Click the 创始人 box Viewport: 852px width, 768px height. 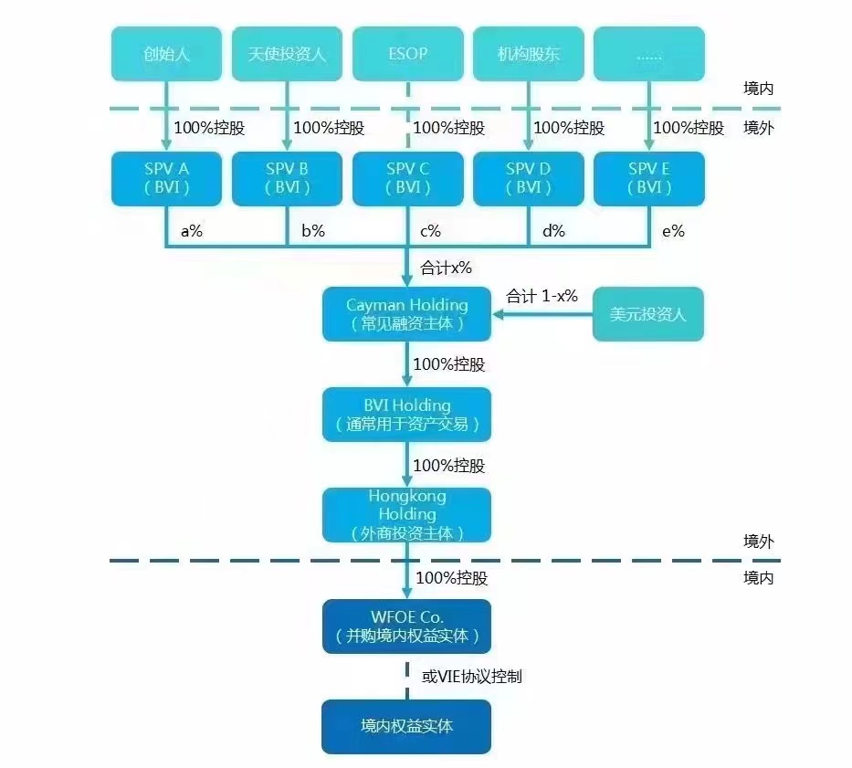pyautogui.click(x=166, y=54)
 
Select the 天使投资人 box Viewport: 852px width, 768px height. pyautogui.click(x=287, y=54)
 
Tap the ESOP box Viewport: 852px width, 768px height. pyautogui.click(x=407, y=54)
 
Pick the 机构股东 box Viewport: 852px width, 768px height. pyautogui.click(x=528, y=54)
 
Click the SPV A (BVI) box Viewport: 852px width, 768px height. pyautogui.click(x=166, y=178)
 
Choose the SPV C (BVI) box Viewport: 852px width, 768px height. pyautogui.click(x=407, y=178)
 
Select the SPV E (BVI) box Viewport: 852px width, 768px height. pyautogui.click(x=649, y=178)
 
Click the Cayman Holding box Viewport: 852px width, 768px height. pyautogui.click(x=407, y=314)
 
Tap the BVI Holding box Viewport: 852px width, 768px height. pyautogui.click(x=407, y=415)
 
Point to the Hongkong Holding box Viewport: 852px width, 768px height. pyautogui.click(x=407, y=515)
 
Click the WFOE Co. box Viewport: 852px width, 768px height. pyautogui.click(x=407, y=626)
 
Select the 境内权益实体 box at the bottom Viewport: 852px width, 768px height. pyautogui.click(x=407, y=727)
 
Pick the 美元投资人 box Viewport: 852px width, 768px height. pyautogui.click(x=648, y=314)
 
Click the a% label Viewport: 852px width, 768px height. pyautogui.click(x=192, y=231)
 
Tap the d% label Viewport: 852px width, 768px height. pyautogui.click(x=553, y=231)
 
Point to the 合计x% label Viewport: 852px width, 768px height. pyautogui.click(x=446, y=268)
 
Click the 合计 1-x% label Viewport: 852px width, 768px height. pyautogui.click(x=542, y=297)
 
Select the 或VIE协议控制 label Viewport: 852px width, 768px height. pyautogui.click(x=471, y=677)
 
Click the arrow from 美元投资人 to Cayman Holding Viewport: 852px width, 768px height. pyautogui.click(x=542, y=314)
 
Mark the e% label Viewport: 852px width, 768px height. pyautogui.click(x=674, y=231)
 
